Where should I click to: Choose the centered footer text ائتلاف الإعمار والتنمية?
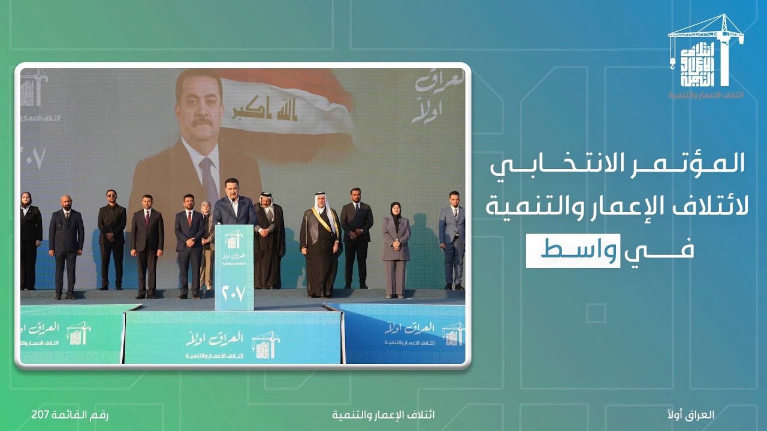(383, 414)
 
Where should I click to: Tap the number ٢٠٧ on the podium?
(234, 295)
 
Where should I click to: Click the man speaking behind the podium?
(234, 204)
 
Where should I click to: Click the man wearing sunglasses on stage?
(112, 239)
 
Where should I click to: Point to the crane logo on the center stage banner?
(265, 345)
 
